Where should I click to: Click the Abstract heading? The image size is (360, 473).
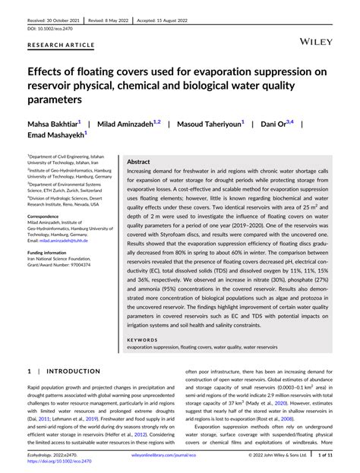point(138,162)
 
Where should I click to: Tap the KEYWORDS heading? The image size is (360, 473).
point(143,340)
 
